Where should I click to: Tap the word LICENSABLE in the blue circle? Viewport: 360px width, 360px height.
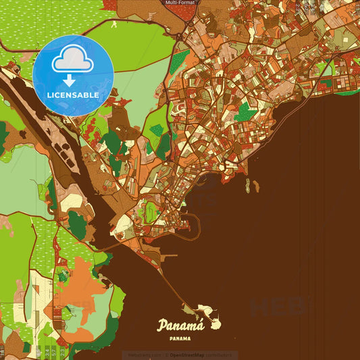pos(73,95)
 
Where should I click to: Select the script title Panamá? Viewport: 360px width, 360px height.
pos(179,326)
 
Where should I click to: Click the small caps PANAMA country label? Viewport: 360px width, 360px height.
pos(180,338)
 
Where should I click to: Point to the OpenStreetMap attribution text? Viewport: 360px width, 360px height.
pos(201,354)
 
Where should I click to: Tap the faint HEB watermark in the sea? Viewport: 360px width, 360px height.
pos(276,307)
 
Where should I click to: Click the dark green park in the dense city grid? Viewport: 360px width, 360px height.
pos(246,113)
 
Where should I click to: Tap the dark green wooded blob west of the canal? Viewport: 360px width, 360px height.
pos(77,226)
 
